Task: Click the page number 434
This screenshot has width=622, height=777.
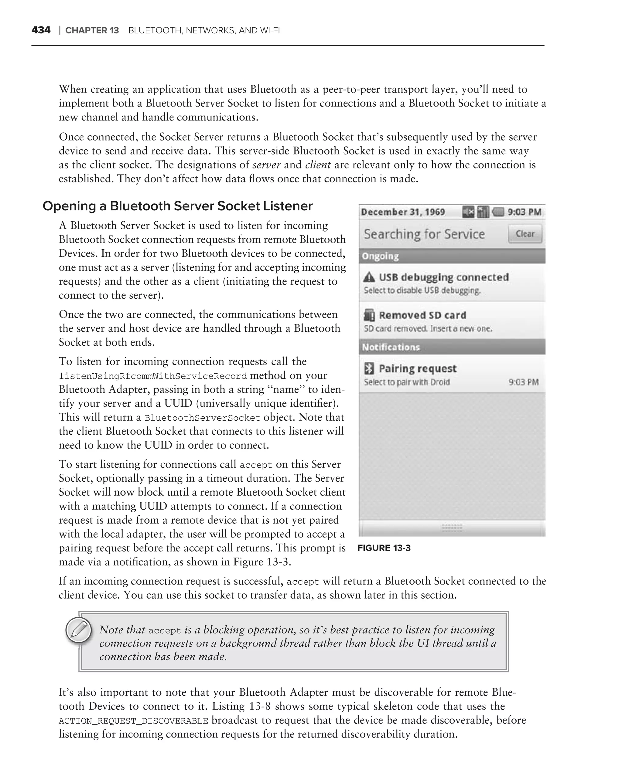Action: click(41, 30)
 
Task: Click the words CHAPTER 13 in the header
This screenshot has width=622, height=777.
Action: click(92, 30)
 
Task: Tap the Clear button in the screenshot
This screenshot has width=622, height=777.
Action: click(525, 234)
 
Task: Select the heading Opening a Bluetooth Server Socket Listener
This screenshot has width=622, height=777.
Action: click(177, 206)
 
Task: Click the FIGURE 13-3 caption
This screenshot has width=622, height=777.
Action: click(384, 548)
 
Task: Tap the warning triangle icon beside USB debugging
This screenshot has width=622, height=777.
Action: click(369, 277)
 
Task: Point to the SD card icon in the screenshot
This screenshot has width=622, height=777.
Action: click(369, 315)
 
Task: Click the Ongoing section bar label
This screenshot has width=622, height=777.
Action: click(380, 256)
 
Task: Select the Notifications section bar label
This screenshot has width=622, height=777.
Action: click(391, 347)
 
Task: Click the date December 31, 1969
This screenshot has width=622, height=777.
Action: click(403, 212)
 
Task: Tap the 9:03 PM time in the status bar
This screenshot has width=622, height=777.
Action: click(524, 212)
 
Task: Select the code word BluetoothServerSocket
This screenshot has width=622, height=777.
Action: click(202, 418)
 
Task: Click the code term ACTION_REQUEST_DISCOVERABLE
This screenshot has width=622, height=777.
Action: click(133, 721)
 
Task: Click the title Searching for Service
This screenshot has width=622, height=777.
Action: click(424, 234)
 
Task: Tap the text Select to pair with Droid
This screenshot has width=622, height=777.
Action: click(407, 382)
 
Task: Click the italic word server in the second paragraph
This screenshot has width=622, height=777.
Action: click(266, 165)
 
